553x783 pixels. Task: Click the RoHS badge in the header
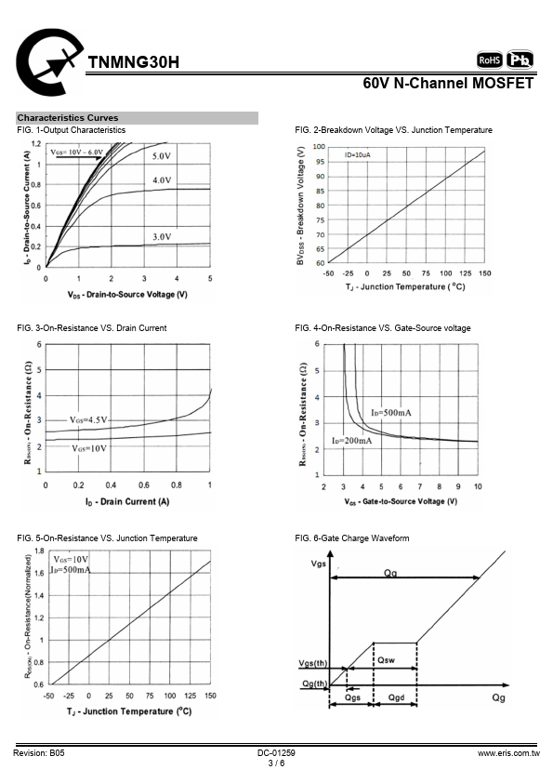[490, 60]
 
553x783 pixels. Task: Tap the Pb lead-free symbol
[520, 60]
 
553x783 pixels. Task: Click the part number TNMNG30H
[133, 62]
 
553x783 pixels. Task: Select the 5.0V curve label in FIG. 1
[162, 156]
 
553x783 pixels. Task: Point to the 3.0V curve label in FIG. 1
[162, 237]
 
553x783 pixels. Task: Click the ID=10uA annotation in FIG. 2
[357, 154]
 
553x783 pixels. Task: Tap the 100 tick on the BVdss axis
[319, 146]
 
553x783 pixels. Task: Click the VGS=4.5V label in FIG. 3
[88, 420]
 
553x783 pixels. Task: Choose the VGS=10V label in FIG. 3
[89, 448]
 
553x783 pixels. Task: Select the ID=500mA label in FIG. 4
[391, 413]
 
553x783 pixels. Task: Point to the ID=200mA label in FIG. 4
[352, 441]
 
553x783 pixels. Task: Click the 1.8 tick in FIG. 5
[39, 551]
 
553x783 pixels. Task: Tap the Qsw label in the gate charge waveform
[386, 660]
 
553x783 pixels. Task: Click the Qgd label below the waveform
[396, 697]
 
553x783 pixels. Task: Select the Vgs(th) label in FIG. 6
[313, 663]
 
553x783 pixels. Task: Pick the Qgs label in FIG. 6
[352, 697]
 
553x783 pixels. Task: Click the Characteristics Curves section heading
[68, 118]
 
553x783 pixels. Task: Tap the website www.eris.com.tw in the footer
[508, 753]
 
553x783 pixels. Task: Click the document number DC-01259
[277, 753]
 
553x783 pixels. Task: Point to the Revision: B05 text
[39, 753]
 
